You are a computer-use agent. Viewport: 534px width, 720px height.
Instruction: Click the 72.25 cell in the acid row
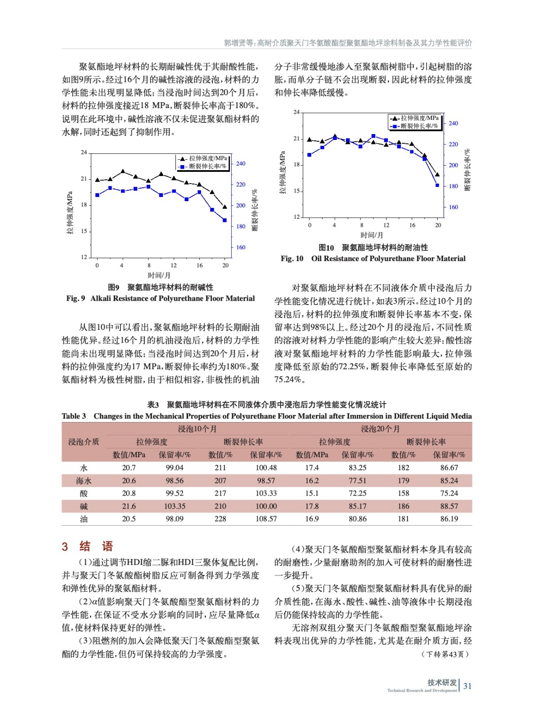coord(357,493)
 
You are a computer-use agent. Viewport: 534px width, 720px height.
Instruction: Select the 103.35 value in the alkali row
coord(175,506)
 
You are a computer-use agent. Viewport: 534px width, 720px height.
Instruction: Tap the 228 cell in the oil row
coord(220,519)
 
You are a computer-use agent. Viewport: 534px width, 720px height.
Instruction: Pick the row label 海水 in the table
coord(84,481)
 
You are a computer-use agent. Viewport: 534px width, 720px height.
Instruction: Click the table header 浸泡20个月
coord(380,429)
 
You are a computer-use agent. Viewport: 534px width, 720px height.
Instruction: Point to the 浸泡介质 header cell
coord(84,442)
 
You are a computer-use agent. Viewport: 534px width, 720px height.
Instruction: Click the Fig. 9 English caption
coord(160,298)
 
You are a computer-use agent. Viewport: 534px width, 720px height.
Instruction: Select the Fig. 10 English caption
coord(373,258)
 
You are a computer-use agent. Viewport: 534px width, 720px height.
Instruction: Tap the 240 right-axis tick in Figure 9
coord(241,164)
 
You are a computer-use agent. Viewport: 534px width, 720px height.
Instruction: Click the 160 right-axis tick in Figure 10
coord(453,207)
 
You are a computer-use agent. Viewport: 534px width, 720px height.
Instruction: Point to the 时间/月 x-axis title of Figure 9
coord(159,275)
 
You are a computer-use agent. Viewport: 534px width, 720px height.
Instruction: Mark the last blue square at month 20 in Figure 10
coord(437,185)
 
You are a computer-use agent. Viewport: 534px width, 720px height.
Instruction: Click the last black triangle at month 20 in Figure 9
coord(225,207)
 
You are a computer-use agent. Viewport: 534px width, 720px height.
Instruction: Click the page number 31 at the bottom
coord(467,686)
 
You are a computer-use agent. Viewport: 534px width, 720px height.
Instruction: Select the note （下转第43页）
coord(445,654)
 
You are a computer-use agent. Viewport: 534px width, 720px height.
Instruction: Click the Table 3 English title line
coord(267,416)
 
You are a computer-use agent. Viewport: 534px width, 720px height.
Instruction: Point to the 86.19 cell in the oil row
coord(449,519)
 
